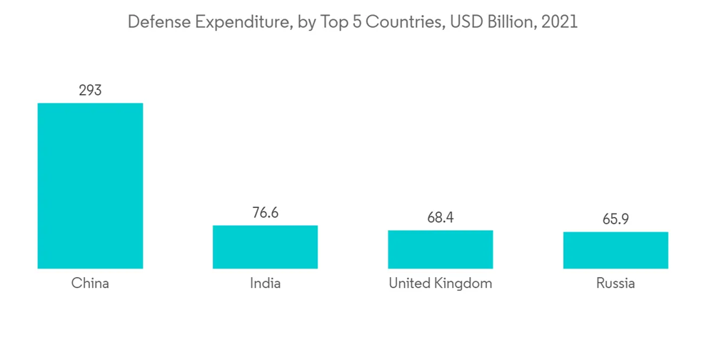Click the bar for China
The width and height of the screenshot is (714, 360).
click(90, 186)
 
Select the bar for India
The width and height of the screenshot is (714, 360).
click(265, 247)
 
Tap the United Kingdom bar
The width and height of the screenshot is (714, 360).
click(441, 249)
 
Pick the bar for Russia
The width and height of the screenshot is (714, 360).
click(615, 250)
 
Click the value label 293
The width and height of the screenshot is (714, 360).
click(90, 90)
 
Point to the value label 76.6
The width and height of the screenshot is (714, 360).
click(265, 213)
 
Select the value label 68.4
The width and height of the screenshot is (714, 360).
click(441, 217)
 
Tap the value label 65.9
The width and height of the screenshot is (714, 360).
click(615, 219)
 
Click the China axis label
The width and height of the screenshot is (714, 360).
click(90, 284)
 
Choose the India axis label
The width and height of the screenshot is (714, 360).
click(265, 284)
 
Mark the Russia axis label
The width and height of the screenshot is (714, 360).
click(615, 284)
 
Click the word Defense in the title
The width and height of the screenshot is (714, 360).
click(154, 22)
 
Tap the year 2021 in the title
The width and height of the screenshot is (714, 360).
click(560, 22)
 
